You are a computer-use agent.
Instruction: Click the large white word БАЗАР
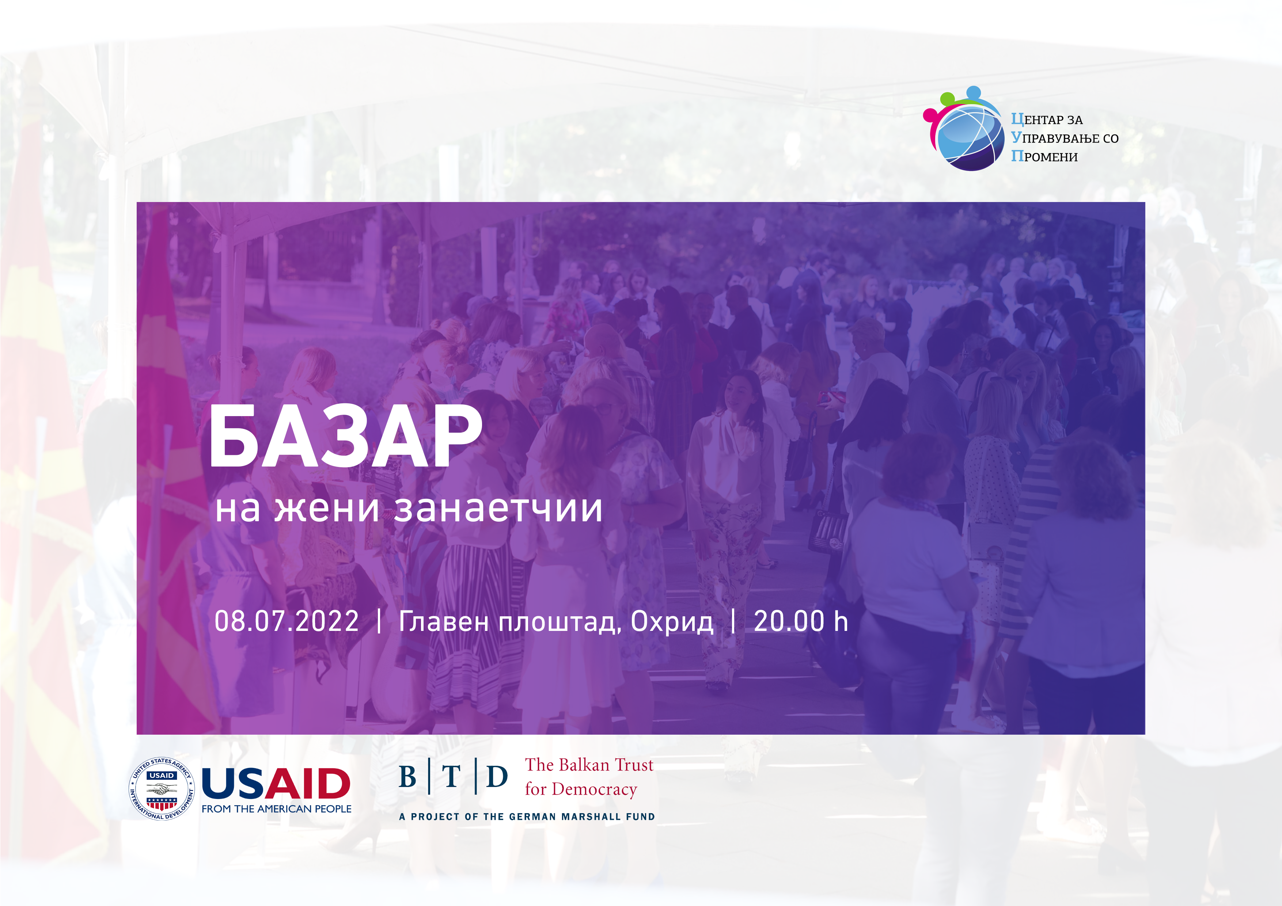345,435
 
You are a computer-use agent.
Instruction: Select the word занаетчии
498,508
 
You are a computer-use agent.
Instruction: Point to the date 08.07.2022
287,621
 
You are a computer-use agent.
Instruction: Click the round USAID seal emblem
162,788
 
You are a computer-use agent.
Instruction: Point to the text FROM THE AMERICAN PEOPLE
276,809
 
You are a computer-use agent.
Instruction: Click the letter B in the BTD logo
407,777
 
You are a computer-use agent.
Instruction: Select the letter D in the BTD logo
497,777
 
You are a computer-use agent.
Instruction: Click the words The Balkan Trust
589,765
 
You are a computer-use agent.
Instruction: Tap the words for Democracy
581,789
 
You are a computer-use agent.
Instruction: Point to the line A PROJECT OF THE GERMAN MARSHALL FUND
527,817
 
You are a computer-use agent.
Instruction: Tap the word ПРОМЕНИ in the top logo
1044,156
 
